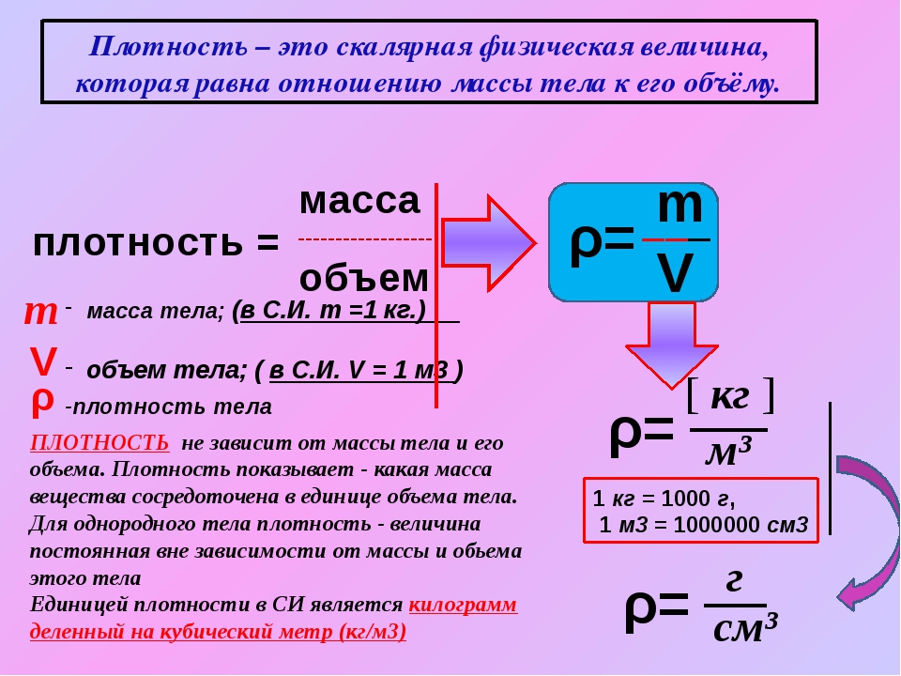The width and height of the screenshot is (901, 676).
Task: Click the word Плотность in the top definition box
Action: click(x=168, y=48)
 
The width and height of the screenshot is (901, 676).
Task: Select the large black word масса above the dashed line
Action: click(x=359, y=201)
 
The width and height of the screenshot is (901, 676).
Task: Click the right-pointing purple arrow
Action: click(x=488, y=243)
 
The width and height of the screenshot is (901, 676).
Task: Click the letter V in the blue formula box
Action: click(x=675, y=273)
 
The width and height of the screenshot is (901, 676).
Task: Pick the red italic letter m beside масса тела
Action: click(x=40, y=314)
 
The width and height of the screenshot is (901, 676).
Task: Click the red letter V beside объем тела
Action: click(x=44, y=362)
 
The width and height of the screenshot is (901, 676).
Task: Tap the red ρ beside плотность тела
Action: click(x=42, y=403)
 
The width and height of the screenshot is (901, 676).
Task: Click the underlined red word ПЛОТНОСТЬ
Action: click(x=99, y=443)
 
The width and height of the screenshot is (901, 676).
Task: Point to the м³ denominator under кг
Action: click(x=728, y=453)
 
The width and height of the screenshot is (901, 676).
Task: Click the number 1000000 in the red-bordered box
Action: click(x=711, y=525)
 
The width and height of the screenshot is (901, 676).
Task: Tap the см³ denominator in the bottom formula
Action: click(x=745, y=628)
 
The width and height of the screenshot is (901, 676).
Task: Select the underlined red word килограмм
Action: click(x=463, y=606)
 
